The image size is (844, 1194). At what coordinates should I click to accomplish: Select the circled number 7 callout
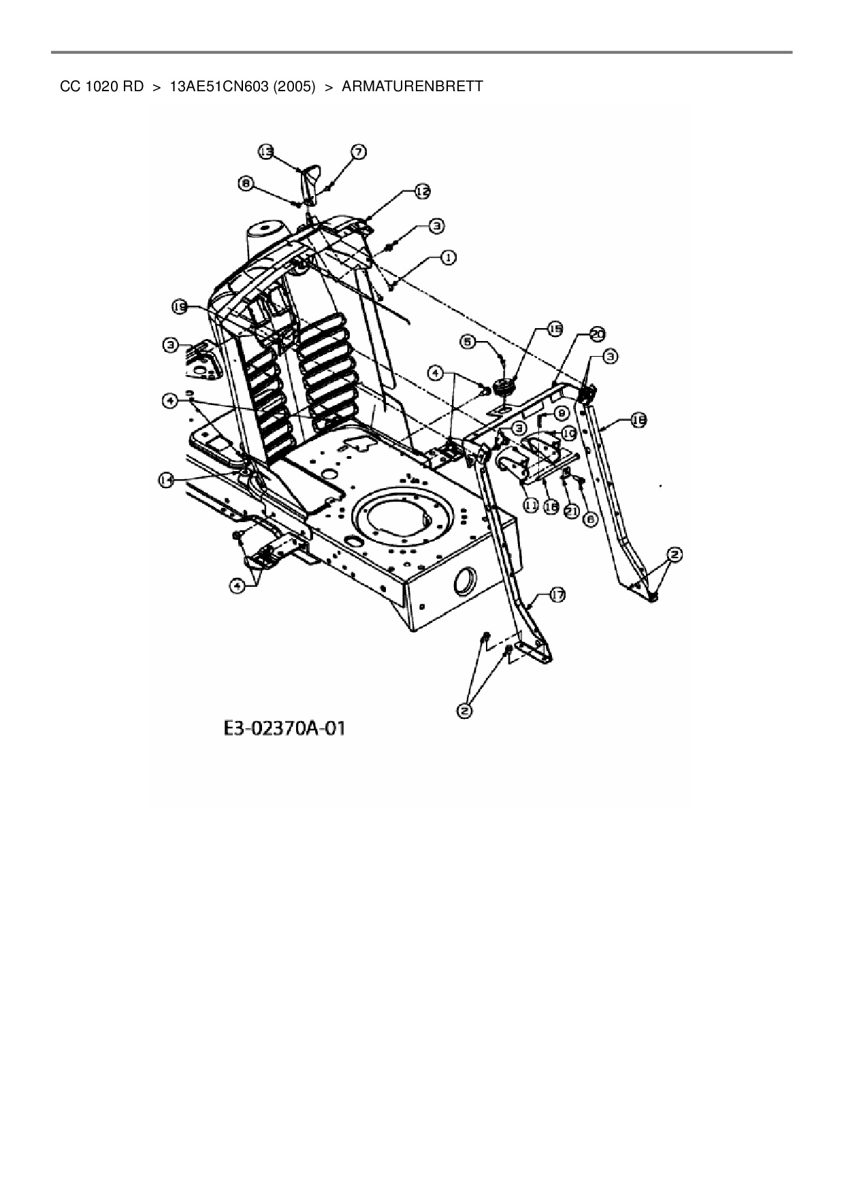(x=359, y=151)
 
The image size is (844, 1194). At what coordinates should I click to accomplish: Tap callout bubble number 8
(x=246, y=182)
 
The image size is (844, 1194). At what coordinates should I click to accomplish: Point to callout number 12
(x=423, y=192)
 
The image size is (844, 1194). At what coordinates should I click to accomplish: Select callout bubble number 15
(x=555, y=329)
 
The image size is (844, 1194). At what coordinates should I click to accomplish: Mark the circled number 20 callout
(x=597, y=334)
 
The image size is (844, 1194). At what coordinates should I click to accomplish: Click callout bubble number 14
(x=165, y=481)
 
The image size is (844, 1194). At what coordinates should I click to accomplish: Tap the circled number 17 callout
(x=557, y=596)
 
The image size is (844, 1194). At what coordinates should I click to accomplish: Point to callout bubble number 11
(x=531, y=505)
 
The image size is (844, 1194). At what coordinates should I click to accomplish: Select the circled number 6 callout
(x=589, y=519)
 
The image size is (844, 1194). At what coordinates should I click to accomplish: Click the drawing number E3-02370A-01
(x=284, y=728)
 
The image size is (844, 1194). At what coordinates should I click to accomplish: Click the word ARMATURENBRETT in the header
(x=412, y=86)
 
